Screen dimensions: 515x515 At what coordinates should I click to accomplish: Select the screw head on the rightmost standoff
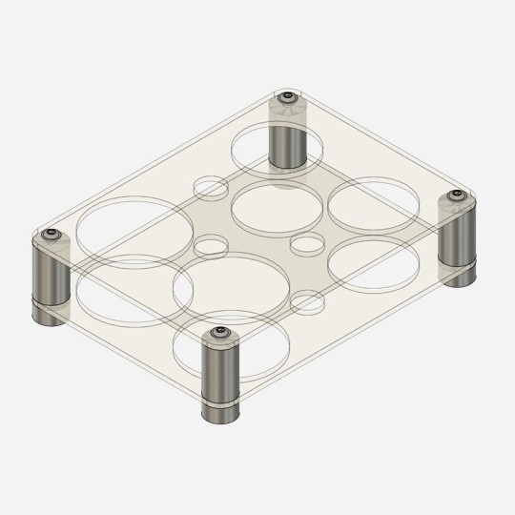(456, 197)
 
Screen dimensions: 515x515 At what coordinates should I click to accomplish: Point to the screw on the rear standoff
(286, 97)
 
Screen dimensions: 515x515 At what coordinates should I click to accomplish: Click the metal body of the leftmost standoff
(51, 272)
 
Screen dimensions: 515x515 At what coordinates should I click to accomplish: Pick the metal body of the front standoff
(219, 372)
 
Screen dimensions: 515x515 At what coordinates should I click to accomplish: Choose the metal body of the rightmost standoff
(456, 234)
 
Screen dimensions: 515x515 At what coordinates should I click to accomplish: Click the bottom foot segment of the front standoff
(219, 413)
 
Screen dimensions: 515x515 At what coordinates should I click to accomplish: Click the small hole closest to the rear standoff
(211, 187)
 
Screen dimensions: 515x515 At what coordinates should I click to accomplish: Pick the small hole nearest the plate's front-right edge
(307, 303)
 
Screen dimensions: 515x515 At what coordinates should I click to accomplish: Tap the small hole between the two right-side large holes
(307, 244)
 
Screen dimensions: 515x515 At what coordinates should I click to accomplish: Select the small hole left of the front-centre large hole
(211, 246)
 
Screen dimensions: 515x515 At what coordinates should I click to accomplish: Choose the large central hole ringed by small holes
(276, 209)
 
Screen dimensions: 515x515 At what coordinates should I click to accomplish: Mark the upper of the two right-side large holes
(374, 203)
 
